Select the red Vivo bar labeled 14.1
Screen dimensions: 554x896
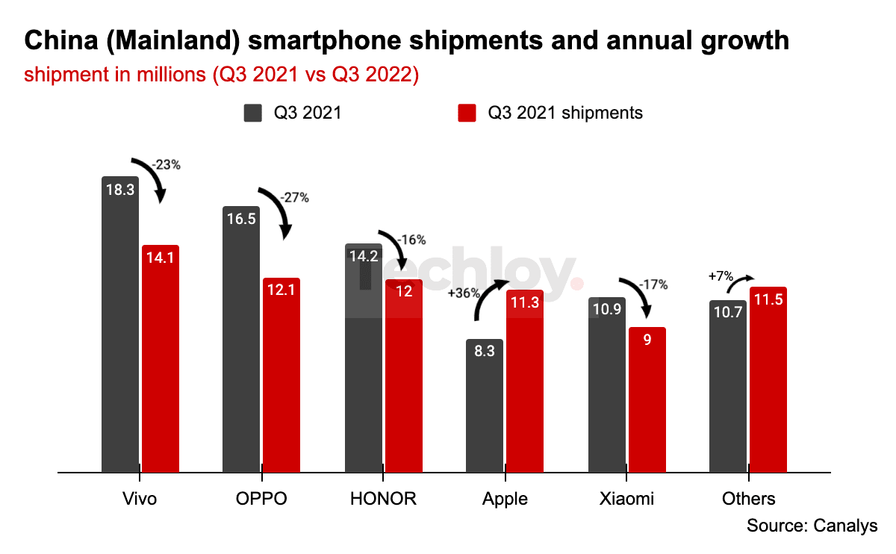161,358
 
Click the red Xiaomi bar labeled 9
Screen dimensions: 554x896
647,399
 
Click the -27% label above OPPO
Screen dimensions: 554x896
293,198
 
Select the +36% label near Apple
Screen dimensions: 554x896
463,293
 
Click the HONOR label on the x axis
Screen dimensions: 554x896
383,499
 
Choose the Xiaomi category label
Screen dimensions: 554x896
626,499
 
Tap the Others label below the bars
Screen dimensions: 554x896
748,499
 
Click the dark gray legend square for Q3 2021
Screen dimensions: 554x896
253,113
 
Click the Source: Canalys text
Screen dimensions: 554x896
812,526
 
